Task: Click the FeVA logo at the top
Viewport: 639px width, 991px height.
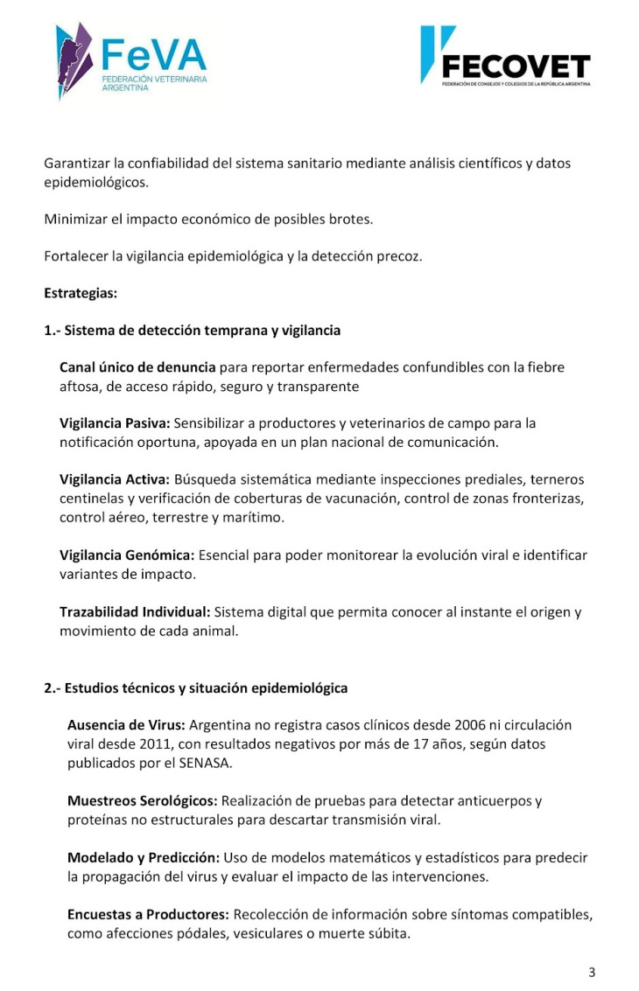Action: tap(131, 59)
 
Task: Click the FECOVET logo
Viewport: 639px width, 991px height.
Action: tap(505, 56)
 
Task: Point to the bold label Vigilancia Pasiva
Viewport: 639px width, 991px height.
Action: tap(114, 423)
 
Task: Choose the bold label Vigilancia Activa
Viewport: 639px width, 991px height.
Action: tap(115, 479)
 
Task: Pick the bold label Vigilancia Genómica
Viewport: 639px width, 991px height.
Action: tap(127, 555)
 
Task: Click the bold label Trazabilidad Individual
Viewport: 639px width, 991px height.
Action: tap(135, 612)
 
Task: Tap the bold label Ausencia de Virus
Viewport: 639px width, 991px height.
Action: tap(126, 725)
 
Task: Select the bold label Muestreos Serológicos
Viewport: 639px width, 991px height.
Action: tap(143, 800)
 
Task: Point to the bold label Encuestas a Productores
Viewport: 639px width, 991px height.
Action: tap(148, 914)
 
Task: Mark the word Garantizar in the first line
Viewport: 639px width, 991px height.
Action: tap(76, 164)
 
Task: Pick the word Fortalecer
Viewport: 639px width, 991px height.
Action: tap(74, 256)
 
